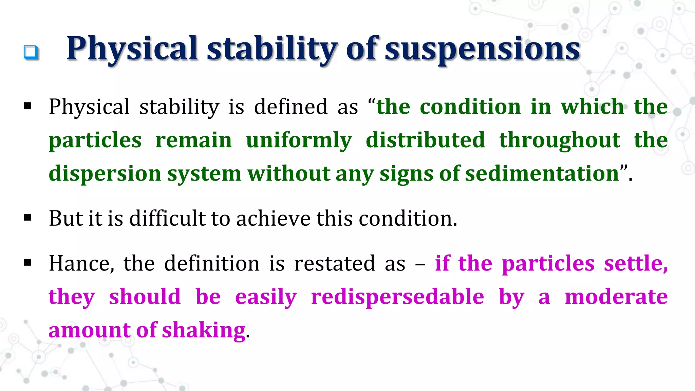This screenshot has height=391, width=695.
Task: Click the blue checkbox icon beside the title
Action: pos(31,52)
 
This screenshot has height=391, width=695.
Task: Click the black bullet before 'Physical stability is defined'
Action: pos(28,106)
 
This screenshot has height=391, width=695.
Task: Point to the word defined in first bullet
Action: pos(291,107)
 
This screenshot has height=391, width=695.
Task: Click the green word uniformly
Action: pos(299,140)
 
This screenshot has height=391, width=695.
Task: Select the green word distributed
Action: pos(425,140)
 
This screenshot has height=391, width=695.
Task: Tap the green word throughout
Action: pos(560,140)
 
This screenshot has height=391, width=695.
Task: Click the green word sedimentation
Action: pos(542,173)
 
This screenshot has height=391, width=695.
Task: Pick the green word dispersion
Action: pos(105,174)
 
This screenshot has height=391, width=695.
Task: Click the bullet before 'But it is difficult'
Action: pos(28,217)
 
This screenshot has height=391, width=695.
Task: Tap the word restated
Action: pos(334,263)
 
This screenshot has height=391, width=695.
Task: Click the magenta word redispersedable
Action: pos(397,297)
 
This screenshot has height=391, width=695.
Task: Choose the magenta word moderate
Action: pos(616,297)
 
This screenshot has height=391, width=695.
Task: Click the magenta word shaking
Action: pos(204,330)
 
